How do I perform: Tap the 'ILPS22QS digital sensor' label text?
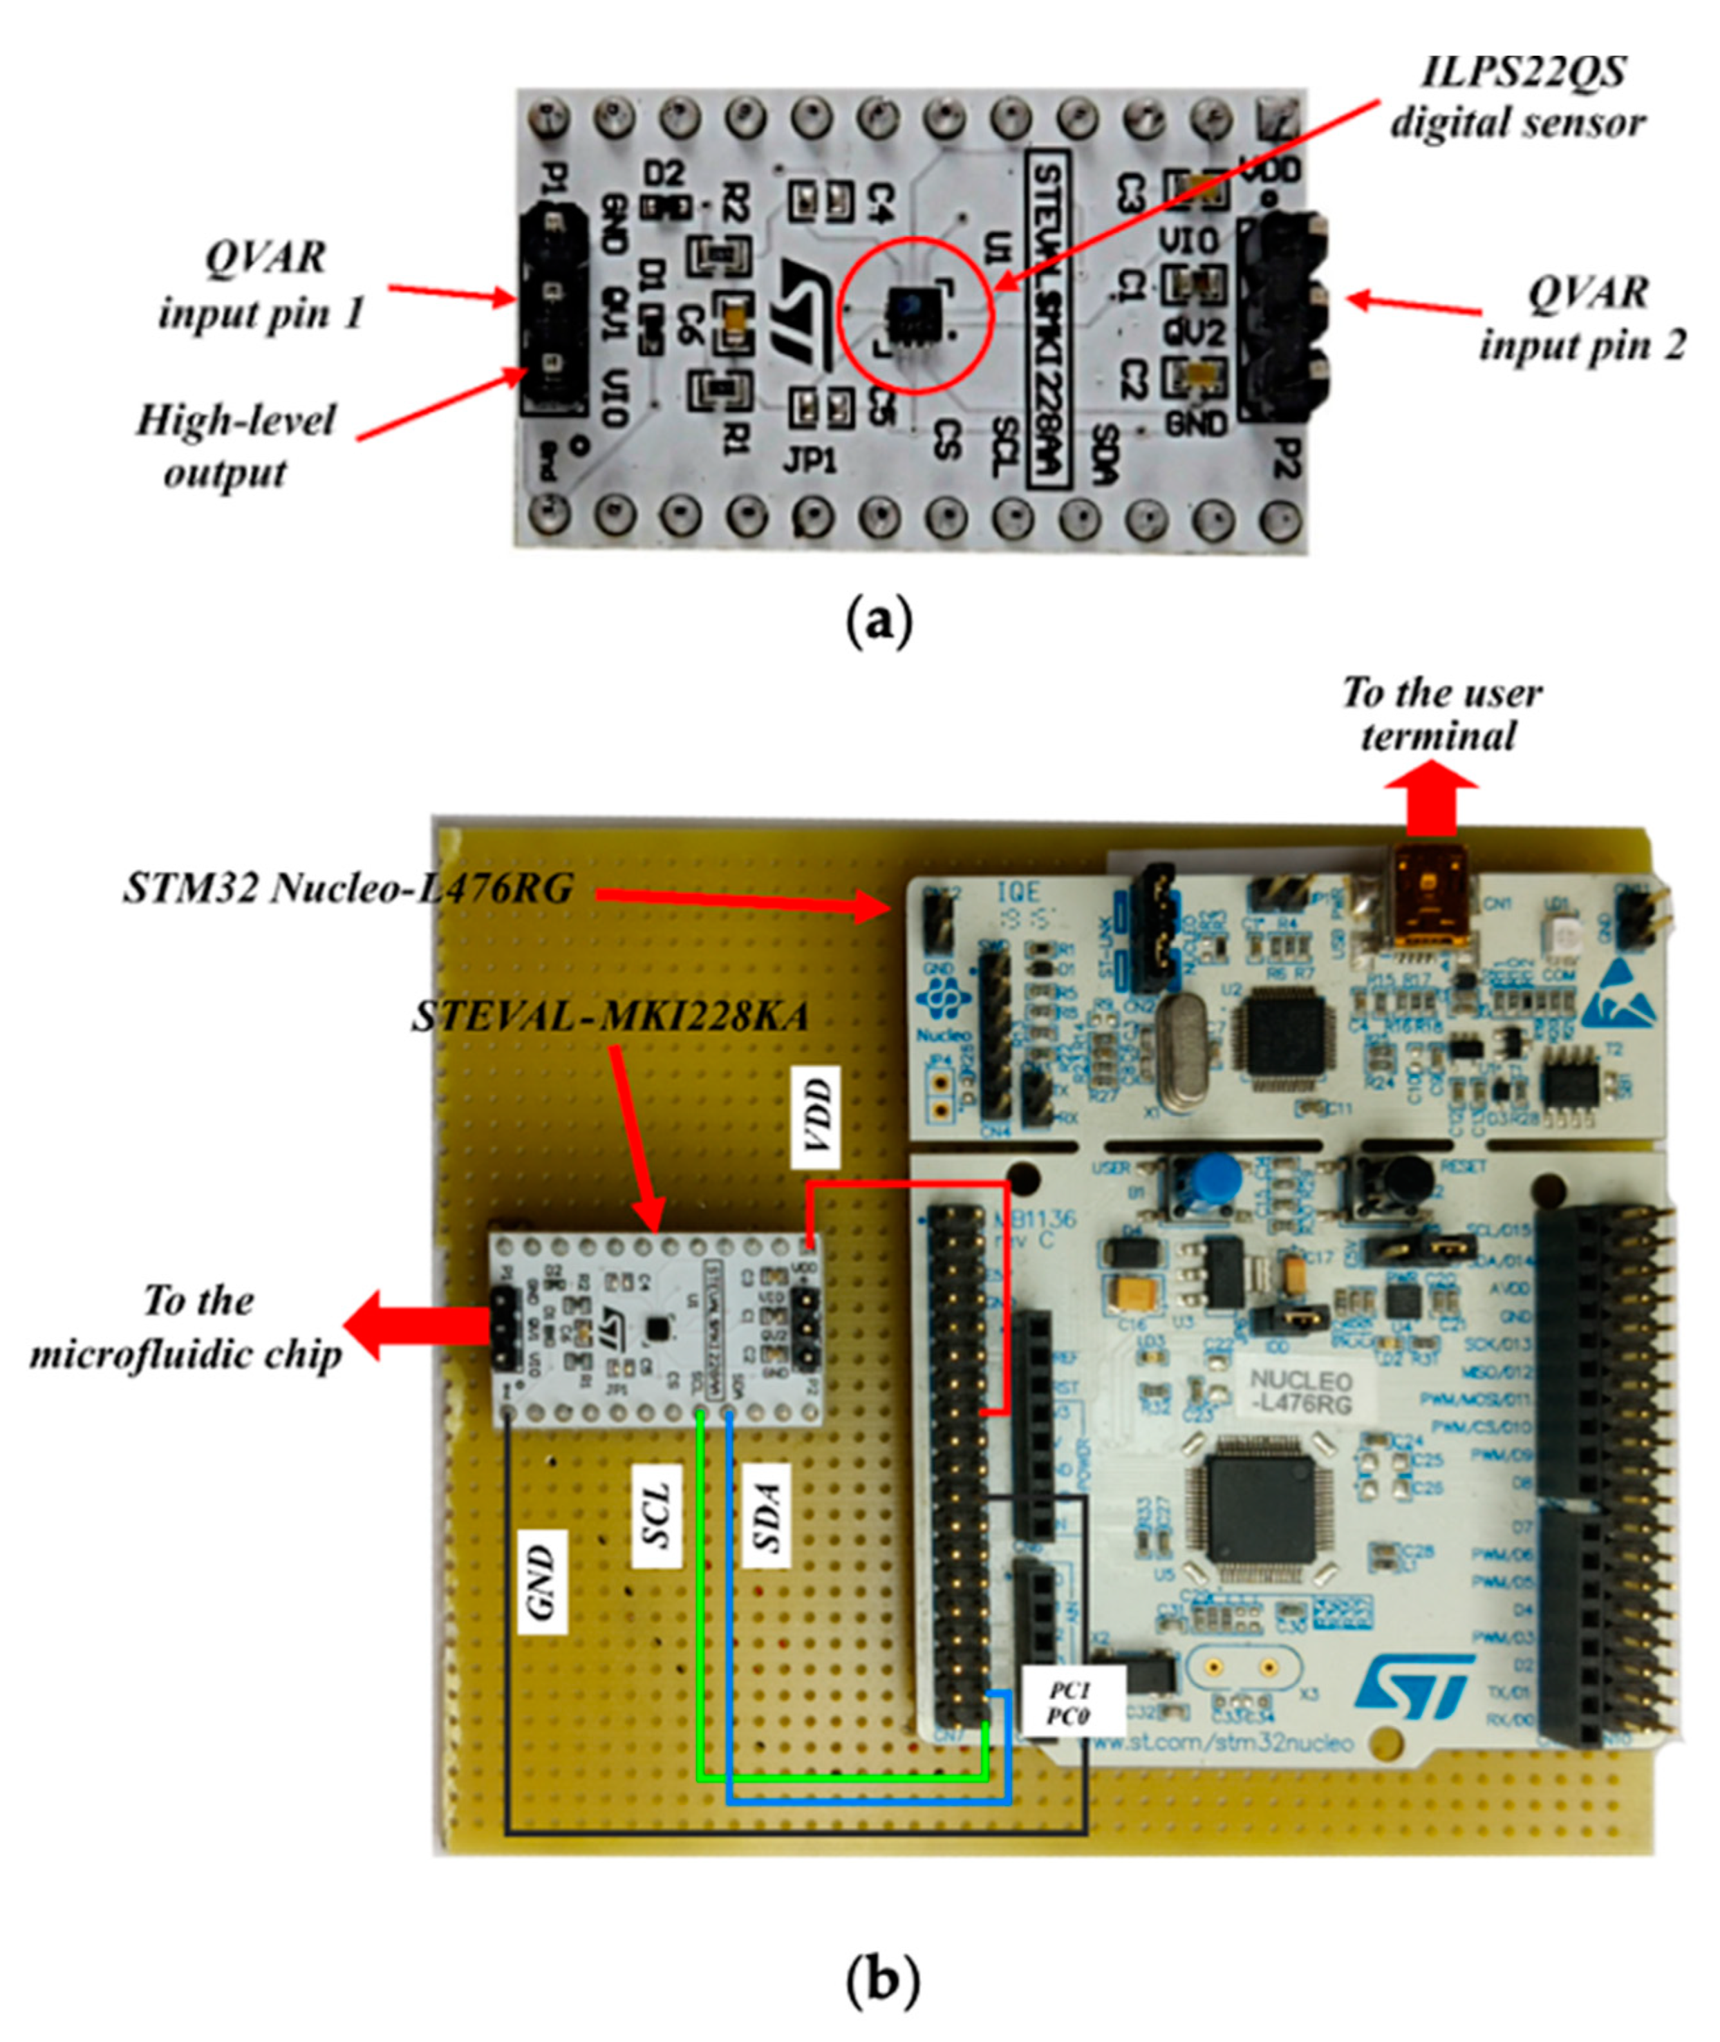click(x=1516, y=97)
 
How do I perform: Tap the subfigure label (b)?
click(x=881, y=1980)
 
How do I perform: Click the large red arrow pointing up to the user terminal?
click(x=1432, y=804)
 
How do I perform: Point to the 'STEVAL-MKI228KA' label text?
click(x=610, y=1017)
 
